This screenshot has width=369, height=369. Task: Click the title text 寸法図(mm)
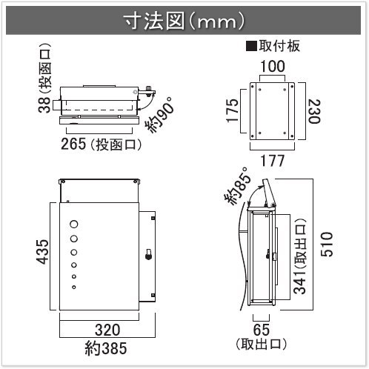[x=184, y=21]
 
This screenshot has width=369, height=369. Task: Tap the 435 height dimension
[x=43, y=252]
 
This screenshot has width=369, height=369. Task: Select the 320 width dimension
[x=107, y=330]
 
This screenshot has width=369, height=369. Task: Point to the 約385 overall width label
[x=106, y=348]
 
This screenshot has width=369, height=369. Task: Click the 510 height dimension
[x=327, y=244]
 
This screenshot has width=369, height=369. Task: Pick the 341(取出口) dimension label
[x=299, y=256]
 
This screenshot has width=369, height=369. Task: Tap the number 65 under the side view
[x=261, y=329]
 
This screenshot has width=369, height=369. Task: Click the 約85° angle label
[x=238, y=186]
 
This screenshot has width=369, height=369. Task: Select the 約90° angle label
[x=160, y=115]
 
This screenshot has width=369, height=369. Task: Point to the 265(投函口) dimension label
[x=102, y=144]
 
